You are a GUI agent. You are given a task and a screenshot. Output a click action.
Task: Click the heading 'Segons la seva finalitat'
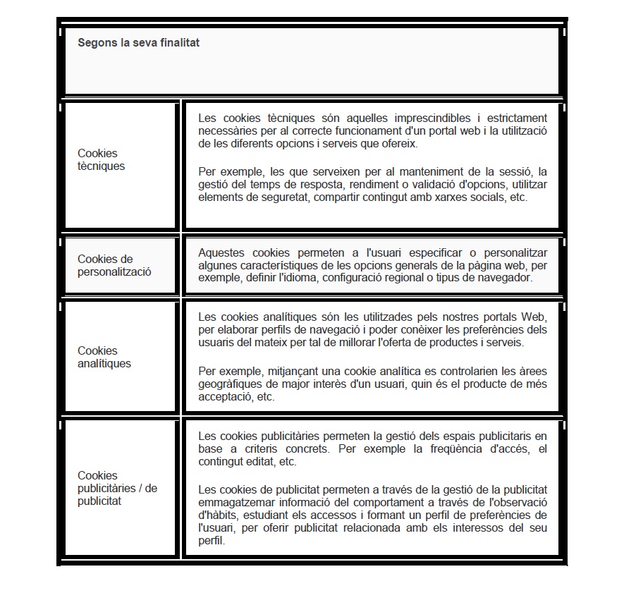click(138, 43)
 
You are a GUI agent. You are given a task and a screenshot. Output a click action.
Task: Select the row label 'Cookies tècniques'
click(101, 160)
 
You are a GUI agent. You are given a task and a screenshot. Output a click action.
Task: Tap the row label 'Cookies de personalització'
click(114, 265)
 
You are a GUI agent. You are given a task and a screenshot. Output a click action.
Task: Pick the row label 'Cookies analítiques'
click(104, 357)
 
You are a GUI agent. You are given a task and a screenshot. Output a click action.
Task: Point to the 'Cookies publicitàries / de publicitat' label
click(117, 488)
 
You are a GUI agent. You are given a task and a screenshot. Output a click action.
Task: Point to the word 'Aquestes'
click(222, 252)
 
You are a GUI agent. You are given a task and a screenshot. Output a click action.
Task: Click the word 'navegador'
click(506, 278)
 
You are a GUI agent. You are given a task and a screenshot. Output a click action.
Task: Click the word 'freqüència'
click(454, 449)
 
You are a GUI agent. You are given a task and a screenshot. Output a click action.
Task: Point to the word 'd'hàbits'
click(216, 515)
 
